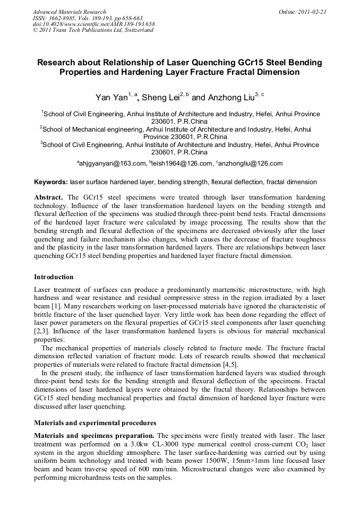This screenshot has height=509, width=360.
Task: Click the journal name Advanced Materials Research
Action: pyautogui.click(x=69, y=12)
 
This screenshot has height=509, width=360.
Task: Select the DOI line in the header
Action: pyautogui.click(x=93, y=24)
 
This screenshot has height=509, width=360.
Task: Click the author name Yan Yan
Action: pyautogui.click(x=111, y=98)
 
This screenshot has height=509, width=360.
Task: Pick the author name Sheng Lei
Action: pyautogui.click(x=161, y=98)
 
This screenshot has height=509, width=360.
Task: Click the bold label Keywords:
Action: pyautogui.click(x=51, y=182)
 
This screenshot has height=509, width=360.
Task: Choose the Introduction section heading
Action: pyautogui.click(x=54, y=277)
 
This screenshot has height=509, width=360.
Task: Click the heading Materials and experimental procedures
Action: pyautogui.click(x=95, y=423)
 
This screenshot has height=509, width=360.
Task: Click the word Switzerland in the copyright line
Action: pyautogui.click(x=137, y=30)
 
